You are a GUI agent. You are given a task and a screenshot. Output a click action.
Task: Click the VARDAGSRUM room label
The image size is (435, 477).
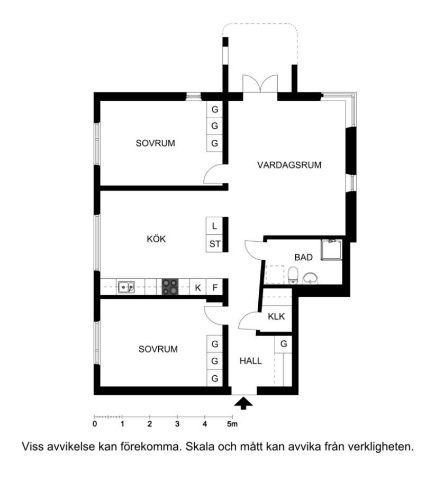pos(289,165)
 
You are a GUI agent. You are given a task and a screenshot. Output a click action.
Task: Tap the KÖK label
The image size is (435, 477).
pos(156,239)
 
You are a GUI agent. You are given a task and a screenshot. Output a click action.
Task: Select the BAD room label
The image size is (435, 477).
pos(303,258)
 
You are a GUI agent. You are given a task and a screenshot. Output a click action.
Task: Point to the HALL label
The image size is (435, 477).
pos(251,361)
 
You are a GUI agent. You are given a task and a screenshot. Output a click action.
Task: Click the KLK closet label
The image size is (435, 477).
pos(276,316)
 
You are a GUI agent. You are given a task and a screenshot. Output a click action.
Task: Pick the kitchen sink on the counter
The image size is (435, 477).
pos(126,287)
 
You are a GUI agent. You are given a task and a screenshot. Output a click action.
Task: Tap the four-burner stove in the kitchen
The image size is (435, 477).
pos(170,287)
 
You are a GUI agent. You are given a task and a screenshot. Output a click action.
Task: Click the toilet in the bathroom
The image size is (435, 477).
pos(293,275)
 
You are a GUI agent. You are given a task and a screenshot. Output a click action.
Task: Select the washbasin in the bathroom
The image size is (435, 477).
pos(310,278)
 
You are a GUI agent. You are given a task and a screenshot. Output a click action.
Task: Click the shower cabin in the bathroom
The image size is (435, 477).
pos(331,250)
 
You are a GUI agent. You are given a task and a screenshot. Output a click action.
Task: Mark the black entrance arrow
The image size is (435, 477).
pos(243,403)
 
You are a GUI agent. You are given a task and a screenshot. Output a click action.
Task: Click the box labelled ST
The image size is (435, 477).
pos(214,243)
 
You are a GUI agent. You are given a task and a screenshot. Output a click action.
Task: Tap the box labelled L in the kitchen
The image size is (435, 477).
pos(214,226)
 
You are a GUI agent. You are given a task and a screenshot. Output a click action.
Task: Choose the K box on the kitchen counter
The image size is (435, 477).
pos(198,287)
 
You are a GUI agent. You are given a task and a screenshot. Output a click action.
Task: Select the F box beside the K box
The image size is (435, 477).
pos(214,287)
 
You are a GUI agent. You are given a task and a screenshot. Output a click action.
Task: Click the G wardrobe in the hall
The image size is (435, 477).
pos(283,344)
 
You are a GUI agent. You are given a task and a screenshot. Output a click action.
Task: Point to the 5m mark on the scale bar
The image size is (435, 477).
pos(232,424)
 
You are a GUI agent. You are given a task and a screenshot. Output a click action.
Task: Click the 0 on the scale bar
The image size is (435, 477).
pos(95,424)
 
